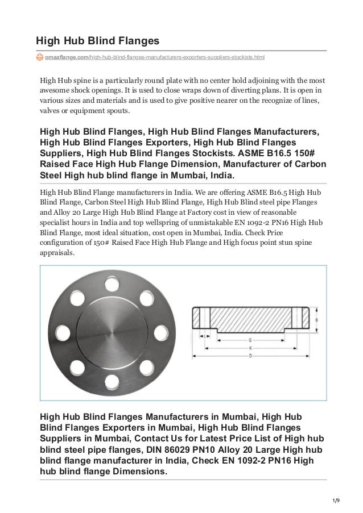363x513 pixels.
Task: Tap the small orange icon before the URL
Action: coord(40,57)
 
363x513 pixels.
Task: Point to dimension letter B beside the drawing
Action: coord(316,319)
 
